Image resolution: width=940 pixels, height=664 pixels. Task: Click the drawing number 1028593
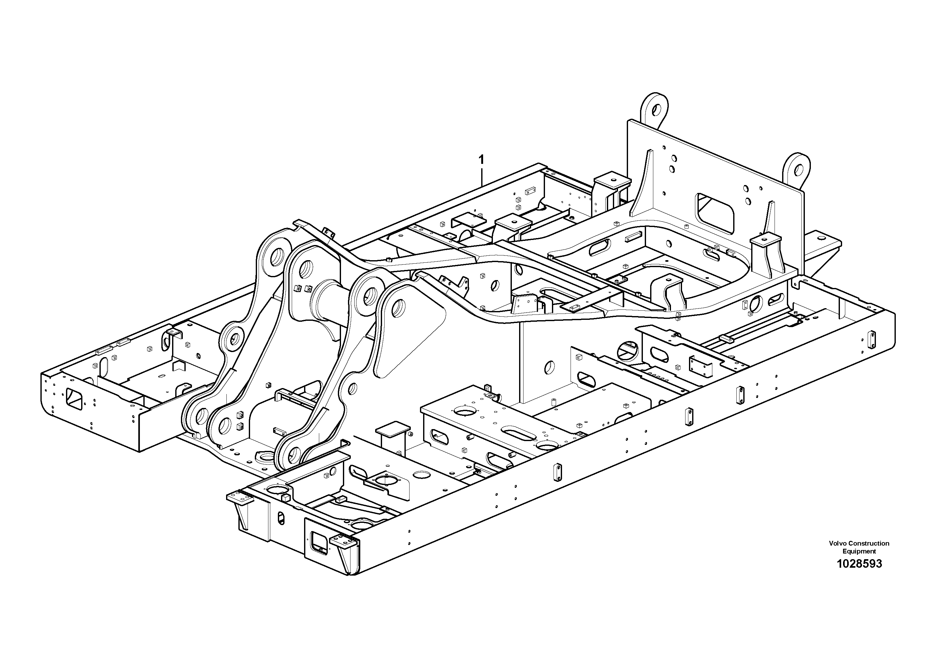859,564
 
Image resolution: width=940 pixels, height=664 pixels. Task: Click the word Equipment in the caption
859,551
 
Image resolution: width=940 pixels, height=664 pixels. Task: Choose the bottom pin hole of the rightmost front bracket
296,453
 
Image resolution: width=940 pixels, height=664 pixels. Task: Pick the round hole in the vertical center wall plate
549,367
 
